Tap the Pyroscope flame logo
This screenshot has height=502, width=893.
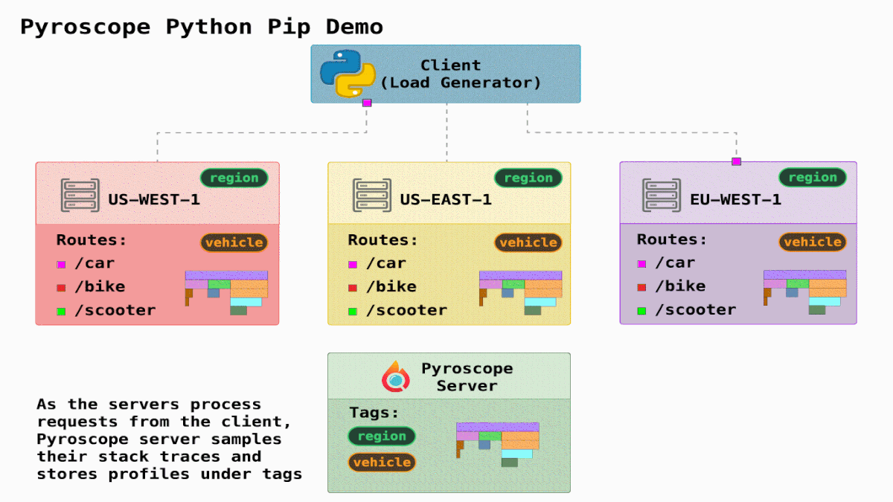pos(396,376)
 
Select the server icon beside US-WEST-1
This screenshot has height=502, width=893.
pos(80,196)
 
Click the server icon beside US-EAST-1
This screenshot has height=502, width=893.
pos(371,196)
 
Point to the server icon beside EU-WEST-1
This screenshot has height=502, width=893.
pos(662,196)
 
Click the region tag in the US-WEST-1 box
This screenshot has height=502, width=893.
pos(234,178)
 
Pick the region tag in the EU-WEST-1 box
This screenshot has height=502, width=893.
pos(813,177)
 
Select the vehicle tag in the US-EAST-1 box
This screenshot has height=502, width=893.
pos(528,242)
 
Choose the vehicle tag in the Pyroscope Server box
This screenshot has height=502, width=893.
pos(382,462)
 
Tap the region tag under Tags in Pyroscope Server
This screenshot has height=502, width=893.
pos(382,436)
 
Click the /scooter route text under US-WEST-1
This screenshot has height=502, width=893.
pos(115,310)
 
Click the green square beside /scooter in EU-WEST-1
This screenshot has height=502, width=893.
pos(641,310)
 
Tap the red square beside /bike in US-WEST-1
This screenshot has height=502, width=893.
pos(61,287)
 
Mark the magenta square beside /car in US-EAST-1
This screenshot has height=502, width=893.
pos(353,264)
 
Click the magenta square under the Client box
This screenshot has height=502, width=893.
pos(367,103)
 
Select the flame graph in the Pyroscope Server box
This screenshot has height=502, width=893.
pos(498,444)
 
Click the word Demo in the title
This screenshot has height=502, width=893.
pos(355,28)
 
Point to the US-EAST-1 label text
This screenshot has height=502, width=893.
pos(446,199)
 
